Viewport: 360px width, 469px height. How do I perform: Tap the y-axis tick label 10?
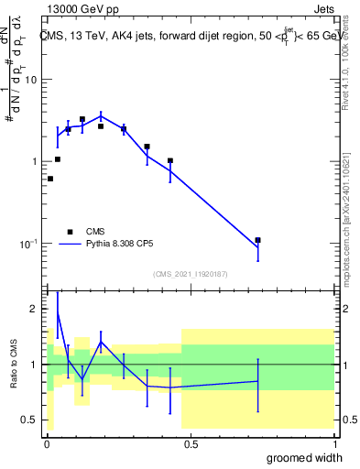[x=30, y=80]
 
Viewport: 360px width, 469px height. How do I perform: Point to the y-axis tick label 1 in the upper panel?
[x=34, y=162]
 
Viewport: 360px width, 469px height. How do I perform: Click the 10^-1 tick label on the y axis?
[x=28, y=244]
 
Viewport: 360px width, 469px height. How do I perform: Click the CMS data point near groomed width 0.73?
[x=258, y=240]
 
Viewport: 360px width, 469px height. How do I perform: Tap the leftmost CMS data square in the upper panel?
[x=49, y=179]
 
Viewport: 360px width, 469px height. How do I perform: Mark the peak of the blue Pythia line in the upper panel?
[x=102, y=115]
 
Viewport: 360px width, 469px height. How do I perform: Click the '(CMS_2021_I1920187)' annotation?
[x=190, y=273]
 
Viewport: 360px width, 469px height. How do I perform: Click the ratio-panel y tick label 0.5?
[x=30, y=420]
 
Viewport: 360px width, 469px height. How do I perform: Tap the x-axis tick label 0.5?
[x=190, y=444]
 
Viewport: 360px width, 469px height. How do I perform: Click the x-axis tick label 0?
[x=46, y=444]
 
